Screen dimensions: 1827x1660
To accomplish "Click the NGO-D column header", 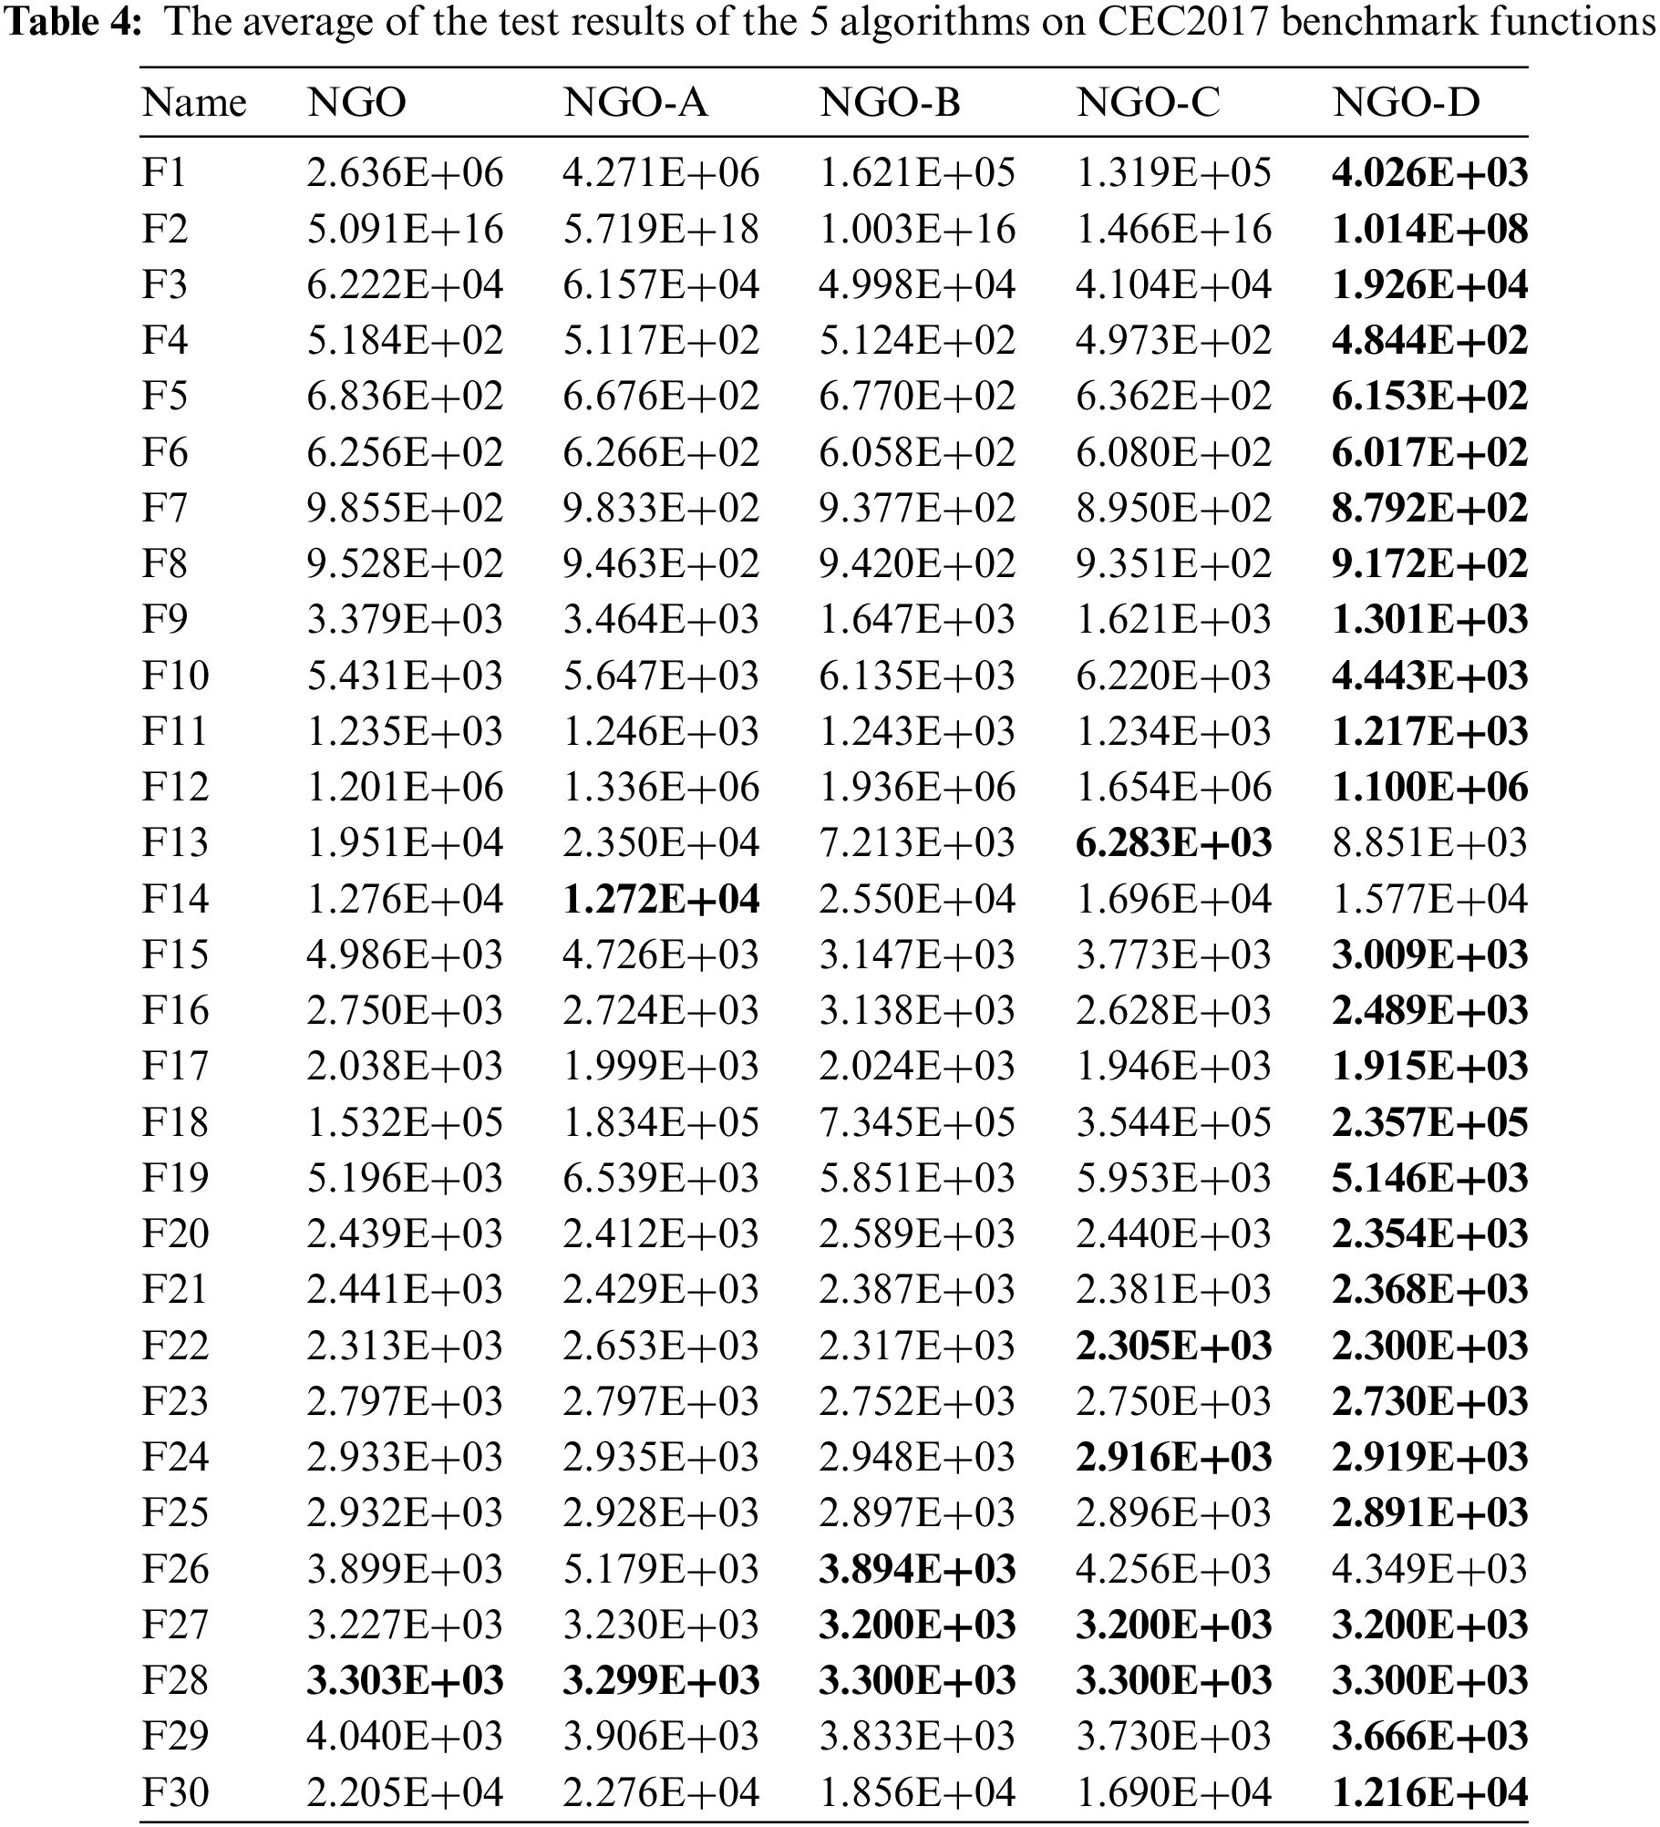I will (x=1406, y=103).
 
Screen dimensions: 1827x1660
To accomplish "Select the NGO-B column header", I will (x=890, y=103).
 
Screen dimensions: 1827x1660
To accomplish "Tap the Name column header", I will (x=193, y=103).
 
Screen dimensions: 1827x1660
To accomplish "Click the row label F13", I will (x=175, y=842).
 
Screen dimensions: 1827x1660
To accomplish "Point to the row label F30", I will (x=175, y=1791).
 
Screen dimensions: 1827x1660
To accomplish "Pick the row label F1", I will (x=164, y=172).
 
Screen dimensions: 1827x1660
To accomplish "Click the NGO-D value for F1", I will (x=1429, y=172).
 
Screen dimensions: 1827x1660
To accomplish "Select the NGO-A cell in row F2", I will (x=661, y=229).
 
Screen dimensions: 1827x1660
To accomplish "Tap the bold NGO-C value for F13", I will (x=1173, y=842).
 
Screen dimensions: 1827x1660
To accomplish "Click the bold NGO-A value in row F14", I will (x=661, y=899).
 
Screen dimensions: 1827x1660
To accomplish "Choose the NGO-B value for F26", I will (x=917, y=1568).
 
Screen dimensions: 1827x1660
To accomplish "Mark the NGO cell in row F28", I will (x=405, y=1680).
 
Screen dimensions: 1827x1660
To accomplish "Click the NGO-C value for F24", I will (x=1173, y=1457).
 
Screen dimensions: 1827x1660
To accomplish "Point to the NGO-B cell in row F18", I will (x=917, y=1122).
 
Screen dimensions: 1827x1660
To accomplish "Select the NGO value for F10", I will (x=405, y=676).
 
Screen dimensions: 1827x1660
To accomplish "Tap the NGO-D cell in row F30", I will (x=1429, y=1791).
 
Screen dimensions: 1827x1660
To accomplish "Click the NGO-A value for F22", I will (x=661, y=1346).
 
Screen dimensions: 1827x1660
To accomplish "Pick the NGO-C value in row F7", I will (x=1173, y=508).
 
